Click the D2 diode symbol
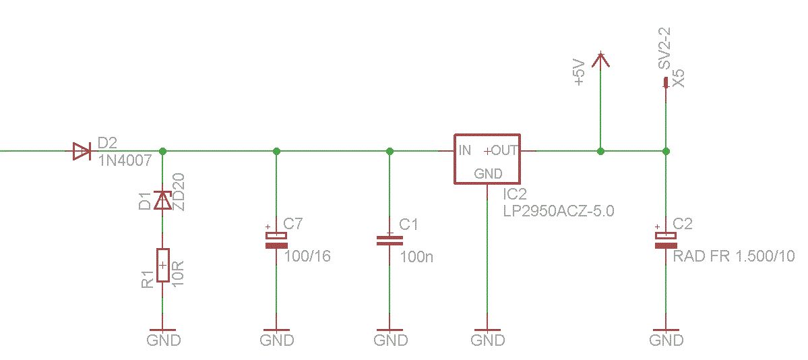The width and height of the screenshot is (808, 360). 82,151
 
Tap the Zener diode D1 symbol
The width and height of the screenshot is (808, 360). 163,200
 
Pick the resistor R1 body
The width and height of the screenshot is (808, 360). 163,265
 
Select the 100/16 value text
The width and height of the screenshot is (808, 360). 308,256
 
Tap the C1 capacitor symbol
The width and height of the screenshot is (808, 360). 390,240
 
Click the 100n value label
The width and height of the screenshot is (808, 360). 416,256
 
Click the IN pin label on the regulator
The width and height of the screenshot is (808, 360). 464,150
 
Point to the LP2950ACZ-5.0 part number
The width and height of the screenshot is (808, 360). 559,212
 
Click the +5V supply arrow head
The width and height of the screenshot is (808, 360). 600,59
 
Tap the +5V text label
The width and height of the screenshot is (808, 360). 580,72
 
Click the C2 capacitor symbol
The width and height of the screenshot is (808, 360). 665,240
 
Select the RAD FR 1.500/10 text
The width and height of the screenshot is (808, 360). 734,256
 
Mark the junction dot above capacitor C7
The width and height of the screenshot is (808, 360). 276,151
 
